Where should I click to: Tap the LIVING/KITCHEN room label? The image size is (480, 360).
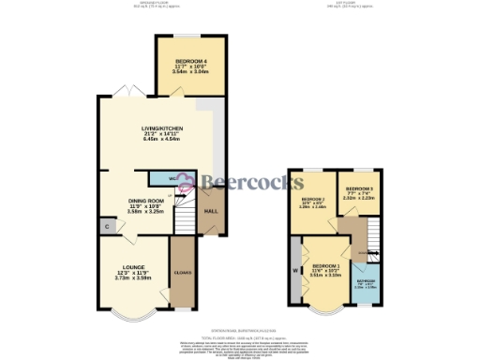click(x=161, y=127)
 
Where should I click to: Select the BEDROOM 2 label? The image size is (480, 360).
click(x=312, y=200)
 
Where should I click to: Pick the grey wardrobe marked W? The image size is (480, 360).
click(x=297, y=273)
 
